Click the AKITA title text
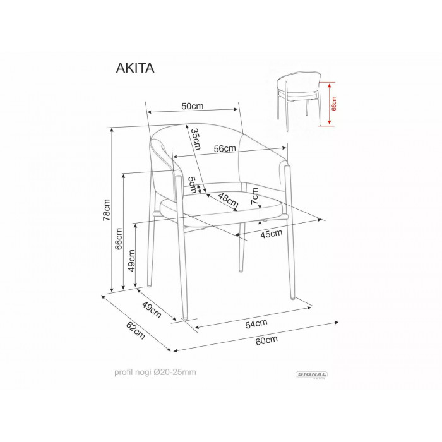pyautogui.click(x=135, y=68)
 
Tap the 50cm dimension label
pyautogui.click(x=192, y=106)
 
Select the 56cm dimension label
pyautogui.click(x=225, y=148)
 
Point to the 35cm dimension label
pyautogui.click(x=196, y=139)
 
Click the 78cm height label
pyautogui.click(x=107, y=210)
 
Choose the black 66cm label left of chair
pyautogui.click(x=119, y=239)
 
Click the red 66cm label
pyautogui.click(x=334, y=104)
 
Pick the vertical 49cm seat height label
pyautogui.click(x=131, y=261)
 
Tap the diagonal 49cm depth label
pyautogui.click(x=152, y=310)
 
